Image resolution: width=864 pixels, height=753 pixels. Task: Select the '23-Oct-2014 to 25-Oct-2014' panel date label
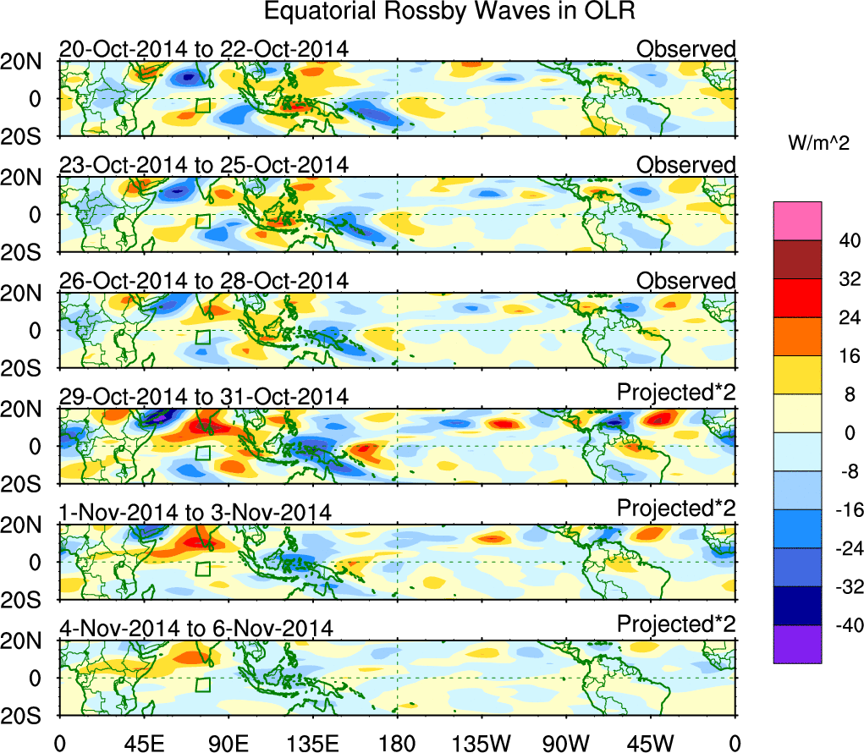203,165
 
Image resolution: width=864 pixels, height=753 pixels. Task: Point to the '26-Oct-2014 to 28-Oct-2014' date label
203,281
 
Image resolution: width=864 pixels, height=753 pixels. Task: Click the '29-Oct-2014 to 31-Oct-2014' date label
203,396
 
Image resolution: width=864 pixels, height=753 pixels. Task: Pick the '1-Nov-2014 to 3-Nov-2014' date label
195,512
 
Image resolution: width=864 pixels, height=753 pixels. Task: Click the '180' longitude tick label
397,743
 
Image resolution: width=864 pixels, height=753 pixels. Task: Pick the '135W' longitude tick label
481,743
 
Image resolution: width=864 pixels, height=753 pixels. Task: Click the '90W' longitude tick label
565,743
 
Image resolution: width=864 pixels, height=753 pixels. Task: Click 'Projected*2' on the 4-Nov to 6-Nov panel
676,624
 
